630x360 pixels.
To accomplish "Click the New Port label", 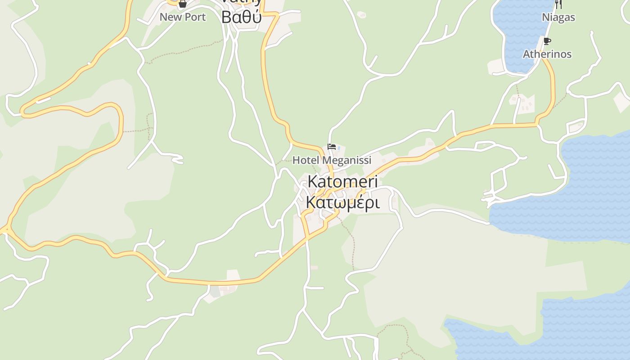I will point(183,17).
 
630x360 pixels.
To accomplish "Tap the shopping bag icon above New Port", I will point(182,4).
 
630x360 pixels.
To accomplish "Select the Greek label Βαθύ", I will point(241,17).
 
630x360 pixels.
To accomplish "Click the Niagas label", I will point(558,17).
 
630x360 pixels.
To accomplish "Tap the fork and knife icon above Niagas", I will point(558,4).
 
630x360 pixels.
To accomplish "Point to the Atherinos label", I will point(547,54).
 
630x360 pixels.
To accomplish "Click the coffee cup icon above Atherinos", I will point(547,41).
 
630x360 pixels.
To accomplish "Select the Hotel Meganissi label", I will point(332,160).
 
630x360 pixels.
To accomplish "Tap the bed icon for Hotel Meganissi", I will point(332,147).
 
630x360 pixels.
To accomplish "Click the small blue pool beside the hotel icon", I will point(339,148).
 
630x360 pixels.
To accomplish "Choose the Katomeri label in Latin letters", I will point(342,182).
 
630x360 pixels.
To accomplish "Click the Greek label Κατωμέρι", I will point(342,202).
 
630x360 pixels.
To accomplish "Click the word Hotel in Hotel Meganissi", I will point(306,160).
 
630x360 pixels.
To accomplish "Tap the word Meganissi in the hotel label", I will point(347,160).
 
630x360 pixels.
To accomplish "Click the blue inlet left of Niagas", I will point(522,36).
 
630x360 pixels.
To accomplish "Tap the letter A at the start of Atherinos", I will point(526,54).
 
